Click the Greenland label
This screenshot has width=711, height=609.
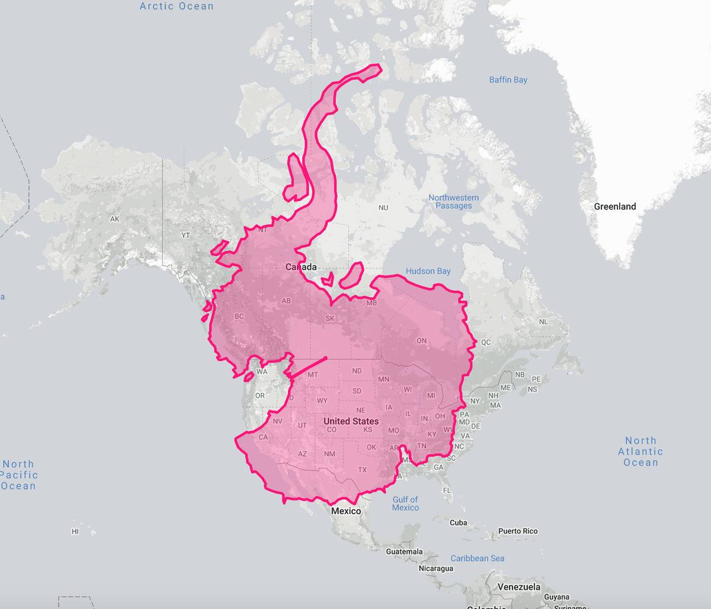coord(615,206)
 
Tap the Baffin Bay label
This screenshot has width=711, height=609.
coord(508,80)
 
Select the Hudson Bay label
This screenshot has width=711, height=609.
coord(428,271)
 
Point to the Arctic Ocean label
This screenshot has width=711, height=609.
coord(177,7)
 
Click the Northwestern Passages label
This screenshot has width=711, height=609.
coord(454,202)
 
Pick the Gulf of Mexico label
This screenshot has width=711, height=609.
coord(405,503)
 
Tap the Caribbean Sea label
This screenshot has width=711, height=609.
coord(478,558)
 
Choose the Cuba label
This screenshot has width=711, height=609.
coord(458,523)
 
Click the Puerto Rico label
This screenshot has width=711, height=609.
coord(518,531)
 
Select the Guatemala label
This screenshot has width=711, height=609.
coord(404,551)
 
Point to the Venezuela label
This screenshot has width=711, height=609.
coord(518,587)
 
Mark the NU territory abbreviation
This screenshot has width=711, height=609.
coord(383,208)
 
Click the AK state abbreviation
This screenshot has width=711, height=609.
coord(115,219)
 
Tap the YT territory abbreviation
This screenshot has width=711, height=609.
coord(185,235)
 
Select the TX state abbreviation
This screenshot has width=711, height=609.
coord(362,470)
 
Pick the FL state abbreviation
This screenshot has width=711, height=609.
coord(446,490)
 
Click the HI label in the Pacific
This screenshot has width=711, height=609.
coord(75,531)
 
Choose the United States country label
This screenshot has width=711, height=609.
coord(351,421)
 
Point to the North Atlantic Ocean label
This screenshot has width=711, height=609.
coord(640,451)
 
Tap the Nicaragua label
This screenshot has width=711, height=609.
coord(435,568)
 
